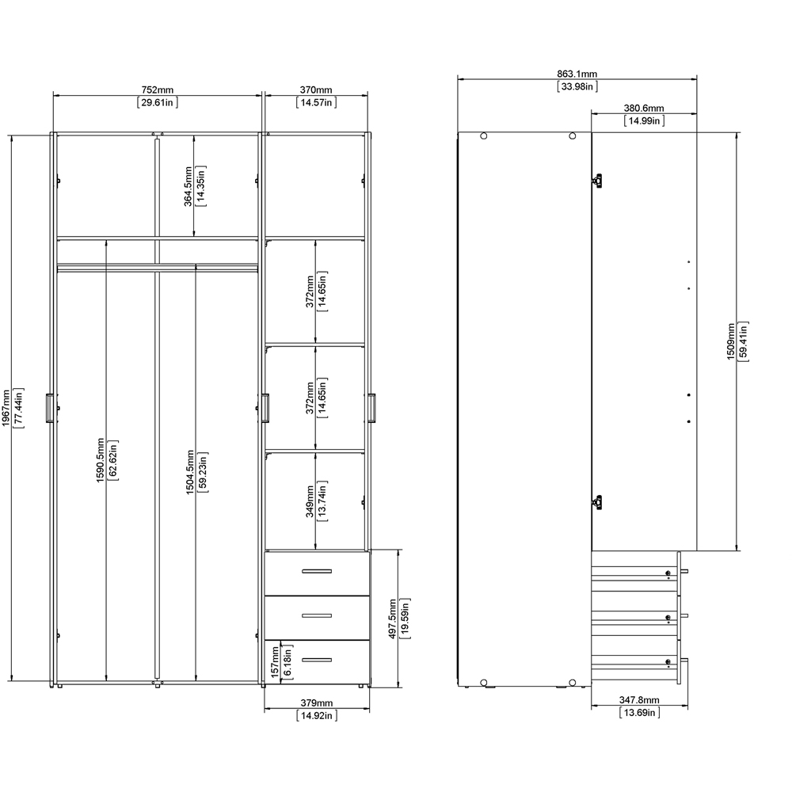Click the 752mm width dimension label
158,90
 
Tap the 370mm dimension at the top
316,90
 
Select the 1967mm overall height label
6,408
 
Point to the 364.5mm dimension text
188,186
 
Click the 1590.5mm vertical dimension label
101,460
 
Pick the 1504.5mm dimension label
190,472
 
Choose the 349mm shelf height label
310,501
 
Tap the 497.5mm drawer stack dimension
393,619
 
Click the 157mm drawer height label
275,662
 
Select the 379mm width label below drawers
317,703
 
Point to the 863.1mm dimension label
577,74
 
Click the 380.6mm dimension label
644,108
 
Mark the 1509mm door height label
731,341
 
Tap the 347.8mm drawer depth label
639,700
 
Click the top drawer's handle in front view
317,571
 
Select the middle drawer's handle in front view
317,615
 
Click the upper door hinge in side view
597,181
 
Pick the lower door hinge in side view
597,503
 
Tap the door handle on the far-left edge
50,408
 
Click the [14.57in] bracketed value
316,102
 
